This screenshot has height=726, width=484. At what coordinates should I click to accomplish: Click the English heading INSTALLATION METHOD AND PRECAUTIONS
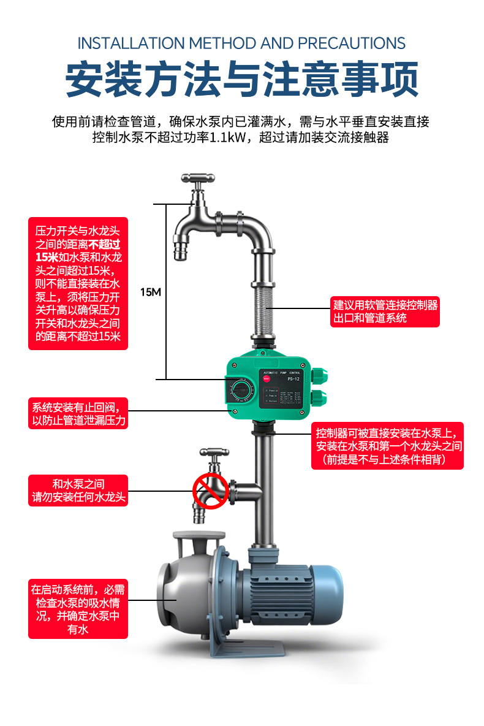pyautogui.click(x=241, y=44)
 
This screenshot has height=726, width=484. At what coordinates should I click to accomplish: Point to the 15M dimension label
pyautogui.click(x=150, y=292)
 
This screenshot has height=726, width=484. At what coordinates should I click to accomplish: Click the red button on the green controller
pyautogui.click(x=267, y=378)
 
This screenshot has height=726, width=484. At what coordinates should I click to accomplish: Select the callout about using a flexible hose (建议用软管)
pyautogui.click(x=385, y=311)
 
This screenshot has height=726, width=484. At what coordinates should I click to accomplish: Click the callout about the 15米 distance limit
pyautogui.click(x=78, y=283)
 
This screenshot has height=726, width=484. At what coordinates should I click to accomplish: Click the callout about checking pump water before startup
pyautogui.click(x=78, y=608)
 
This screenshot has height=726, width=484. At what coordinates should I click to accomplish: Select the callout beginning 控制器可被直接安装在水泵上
pyautogui.click(x=387, y=446)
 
